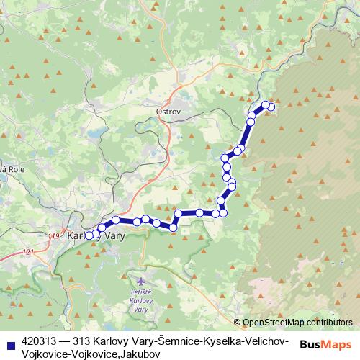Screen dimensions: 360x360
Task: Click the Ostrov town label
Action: click(168, 112)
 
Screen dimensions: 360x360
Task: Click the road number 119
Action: click(53, 235)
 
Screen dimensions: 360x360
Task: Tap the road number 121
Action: click(28, 251)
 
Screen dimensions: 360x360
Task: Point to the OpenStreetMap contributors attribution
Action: click(298, 323)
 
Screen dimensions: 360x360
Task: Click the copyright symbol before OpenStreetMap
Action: click(238, 323)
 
